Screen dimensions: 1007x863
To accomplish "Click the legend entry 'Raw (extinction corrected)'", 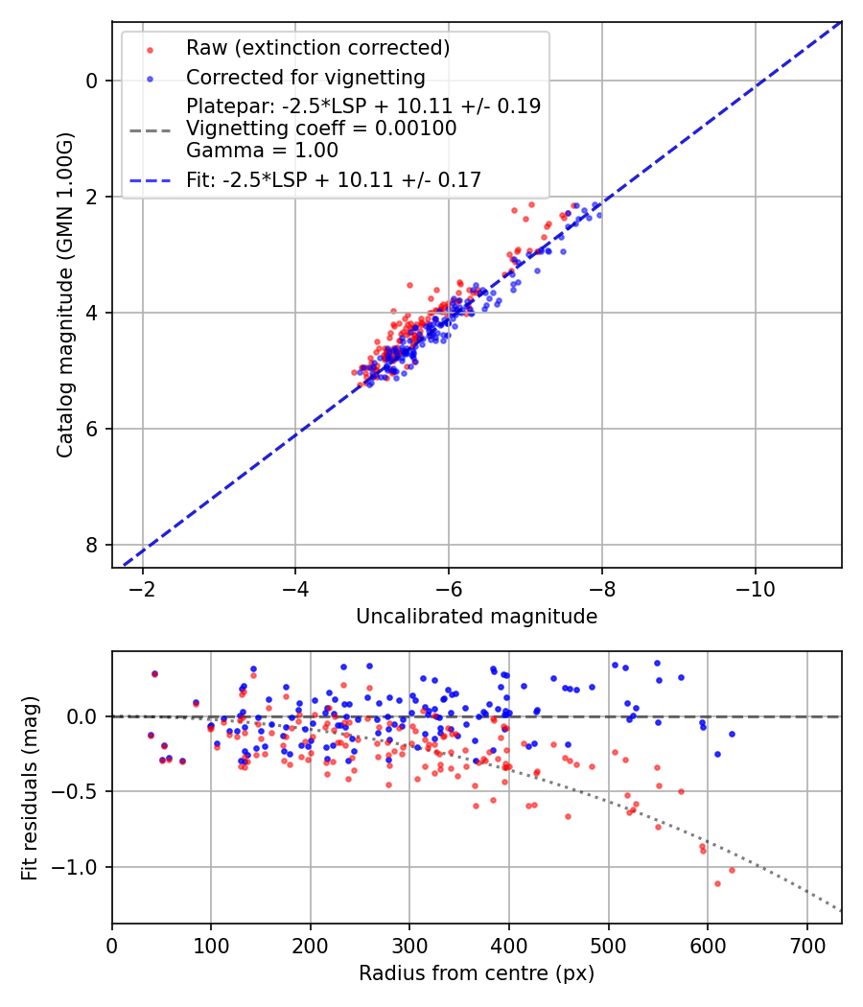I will (x=317, y=48).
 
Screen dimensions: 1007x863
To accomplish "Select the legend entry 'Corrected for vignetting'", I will (x=305, y=77).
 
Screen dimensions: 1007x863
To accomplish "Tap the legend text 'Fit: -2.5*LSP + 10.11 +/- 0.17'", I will (x=334, y=179).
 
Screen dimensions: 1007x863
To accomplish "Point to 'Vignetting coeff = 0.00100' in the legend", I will (x=321, y=129).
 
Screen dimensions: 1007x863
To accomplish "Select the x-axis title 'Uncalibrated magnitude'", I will (x=477, y=617).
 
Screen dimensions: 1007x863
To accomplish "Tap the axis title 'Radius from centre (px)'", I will (x=477, y=973).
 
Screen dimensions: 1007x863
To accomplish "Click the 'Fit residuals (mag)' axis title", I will (x=30, y=787).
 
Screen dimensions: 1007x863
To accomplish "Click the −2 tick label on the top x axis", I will (x=142, y=586).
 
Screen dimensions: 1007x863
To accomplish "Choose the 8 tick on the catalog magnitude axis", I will (x=92, y=545).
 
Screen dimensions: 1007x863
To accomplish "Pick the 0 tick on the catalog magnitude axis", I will (x=92, y=81).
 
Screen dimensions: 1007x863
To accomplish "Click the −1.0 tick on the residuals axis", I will (x=79, y=867).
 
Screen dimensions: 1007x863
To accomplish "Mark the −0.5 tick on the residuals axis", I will (x=79, y=792).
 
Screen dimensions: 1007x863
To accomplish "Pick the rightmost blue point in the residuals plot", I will (x=732, y=734).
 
